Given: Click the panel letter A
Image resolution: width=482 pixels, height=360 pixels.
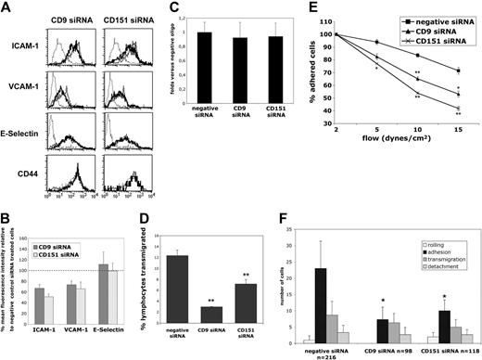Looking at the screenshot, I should click(6, 7).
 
